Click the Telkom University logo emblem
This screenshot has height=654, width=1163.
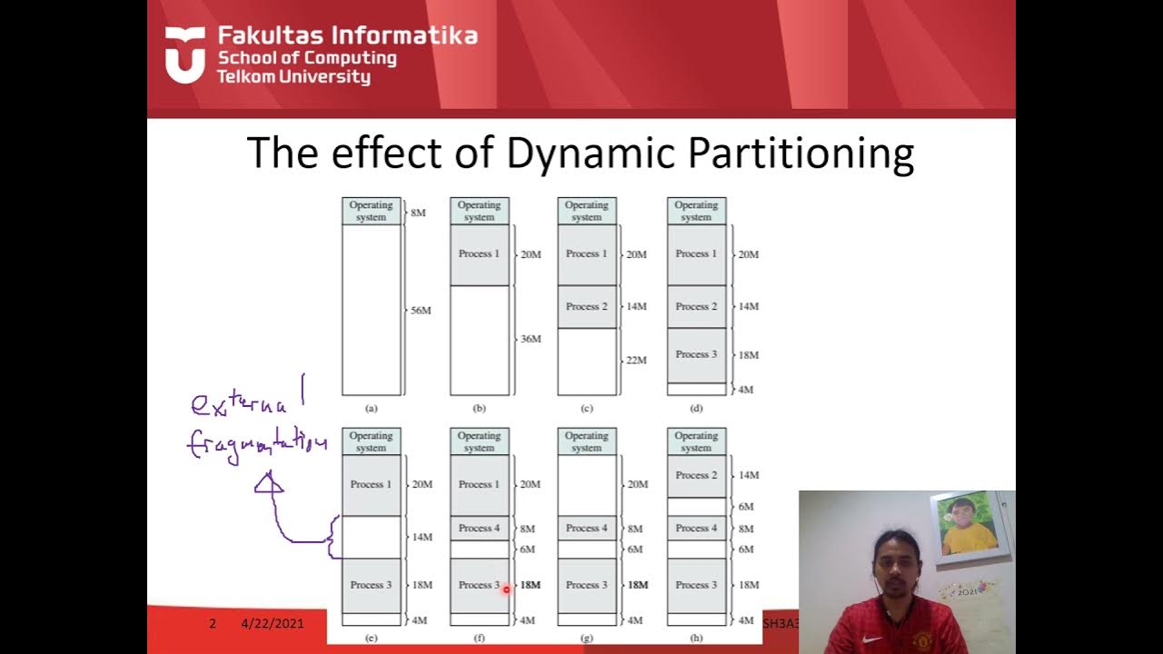(x=185, y=55)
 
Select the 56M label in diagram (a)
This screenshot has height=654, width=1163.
(x=420, y=311)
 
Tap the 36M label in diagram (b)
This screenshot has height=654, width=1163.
(x=530, y=339)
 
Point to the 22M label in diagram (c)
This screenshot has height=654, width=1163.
(x=636, y=361)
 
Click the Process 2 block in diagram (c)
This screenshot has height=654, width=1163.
(x=586, y=307)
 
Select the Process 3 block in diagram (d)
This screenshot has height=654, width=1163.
(x=696, y=355)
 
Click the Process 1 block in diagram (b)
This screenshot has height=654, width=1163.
(x=479, y=254)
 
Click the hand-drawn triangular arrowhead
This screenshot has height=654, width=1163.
(x=269, y=483)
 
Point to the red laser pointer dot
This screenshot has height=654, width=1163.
(x=506, y=590)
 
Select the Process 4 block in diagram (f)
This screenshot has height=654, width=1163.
(x=479, y=529)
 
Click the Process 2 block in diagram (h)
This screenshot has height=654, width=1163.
(x=696, y=476)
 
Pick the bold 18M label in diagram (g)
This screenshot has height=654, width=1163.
(x=638, y=585)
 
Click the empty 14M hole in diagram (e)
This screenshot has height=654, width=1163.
(x=371, y=537)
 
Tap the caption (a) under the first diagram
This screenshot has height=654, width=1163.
(x=371, y=409)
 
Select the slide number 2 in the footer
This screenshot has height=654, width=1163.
(x=213, y=624)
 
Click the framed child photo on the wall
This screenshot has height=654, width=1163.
(x=969, y=528)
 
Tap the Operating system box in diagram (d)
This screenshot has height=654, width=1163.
(x=696, y=212)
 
